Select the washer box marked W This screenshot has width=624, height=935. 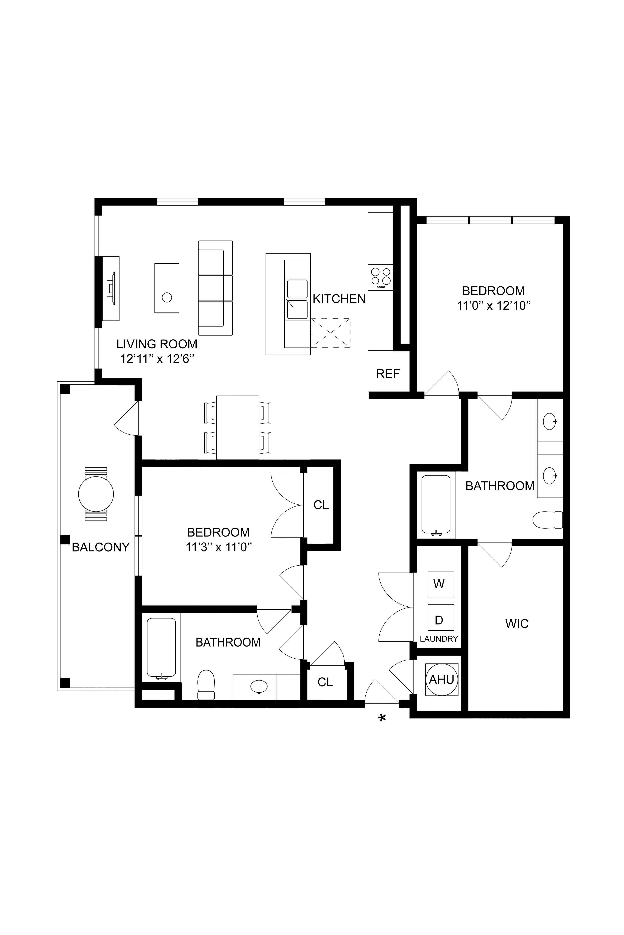click(440, 584)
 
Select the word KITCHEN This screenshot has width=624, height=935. click(339, 299)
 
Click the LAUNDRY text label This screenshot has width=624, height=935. click(439, 639)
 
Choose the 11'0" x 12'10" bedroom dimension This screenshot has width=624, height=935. click(494, 306)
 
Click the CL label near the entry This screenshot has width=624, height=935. click(325, 682)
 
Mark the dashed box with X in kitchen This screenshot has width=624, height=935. click(330, 333)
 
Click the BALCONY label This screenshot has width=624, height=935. click(101, 547)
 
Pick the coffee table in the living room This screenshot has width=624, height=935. click(167, 288)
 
